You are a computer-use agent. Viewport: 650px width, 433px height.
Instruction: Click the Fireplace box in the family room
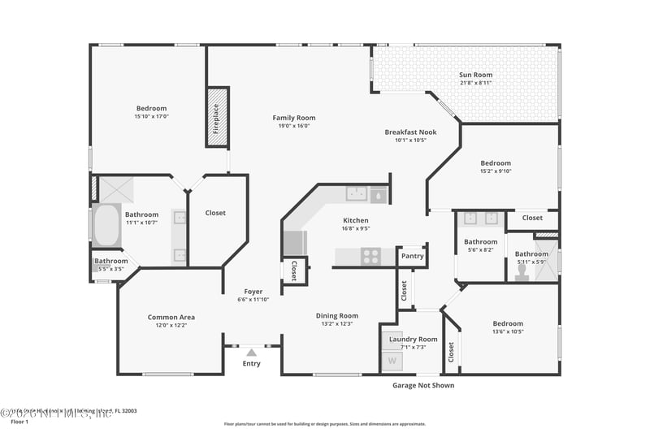pos(217,118)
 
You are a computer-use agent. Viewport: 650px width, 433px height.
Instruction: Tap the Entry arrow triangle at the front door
pos(252,352)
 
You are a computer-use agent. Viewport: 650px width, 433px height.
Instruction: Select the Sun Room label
pos(476,75)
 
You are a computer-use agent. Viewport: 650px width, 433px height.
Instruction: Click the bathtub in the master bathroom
pos(106,226)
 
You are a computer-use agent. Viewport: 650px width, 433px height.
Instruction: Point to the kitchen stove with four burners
pos(370,256)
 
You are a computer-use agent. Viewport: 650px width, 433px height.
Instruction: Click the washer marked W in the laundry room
pos(392,360)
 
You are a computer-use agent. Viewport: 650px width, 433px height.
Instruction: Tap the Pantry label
pos(413,256)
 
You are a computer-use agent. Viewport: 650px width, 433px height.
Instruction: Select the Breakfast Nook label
pos(410,132)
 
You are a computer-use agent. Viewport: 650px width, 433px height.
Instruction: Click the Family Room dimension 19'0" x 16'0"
pos(293,126)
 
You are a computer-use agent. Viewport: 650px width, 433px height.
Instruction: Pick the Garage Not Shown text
pos(423,385)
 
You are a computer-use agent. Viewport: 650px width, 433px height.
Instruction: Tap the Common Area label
pos(171,317)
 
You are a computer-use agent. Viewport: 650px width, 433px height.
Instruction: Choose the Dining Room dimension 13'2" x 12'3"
pos(337,323)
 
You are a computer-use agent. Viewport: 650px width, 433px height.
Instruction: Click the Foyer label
pos(253,292)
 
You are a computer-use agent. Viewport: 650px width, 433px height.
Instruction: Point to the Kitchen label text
pos(355,220)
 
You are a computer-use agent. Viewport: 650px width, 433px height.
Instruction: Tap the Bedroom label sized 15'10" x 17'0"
pos(151,108)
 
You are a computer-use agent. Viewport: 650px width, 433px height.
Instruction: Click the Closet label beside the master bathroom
pos(215,213)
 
